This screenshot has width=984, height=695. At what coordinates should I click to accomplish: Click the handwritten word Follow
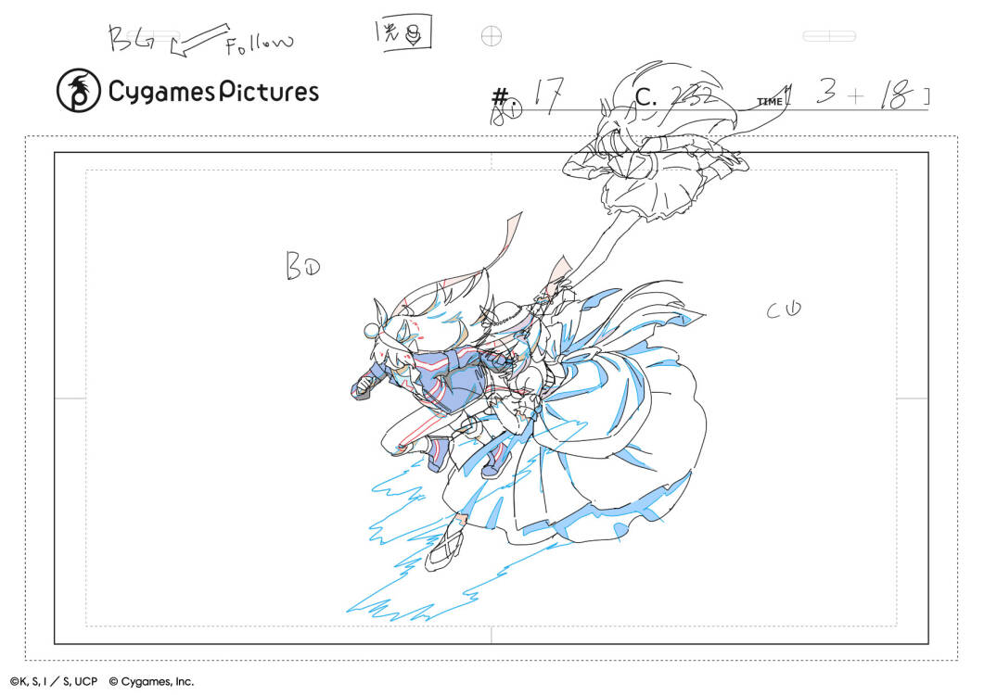[259, 42]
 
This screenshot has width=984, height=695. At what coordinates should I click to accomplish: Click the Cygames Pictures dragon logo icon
[78, 91]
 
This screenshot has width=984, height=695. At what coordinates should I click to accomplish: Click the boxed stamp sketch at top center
[408, 35]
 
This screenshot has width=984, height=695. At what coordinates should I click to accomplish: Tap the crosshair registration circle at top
[492, 36]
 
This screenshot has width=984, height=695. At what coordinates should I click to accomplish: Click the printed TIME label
[770, 102]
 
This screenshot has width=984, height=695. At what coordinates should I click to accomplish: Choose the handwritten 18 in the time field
[894, 95]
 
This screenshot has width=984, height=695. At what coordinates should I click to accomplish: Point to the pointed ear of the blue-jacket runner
[380, 311]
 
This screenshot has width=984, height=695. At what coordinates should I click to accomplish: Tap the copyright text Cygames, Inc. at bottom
[151, 681]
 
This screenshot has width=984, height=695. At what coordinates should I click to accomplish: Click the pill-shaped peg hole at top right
[828, 36]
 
